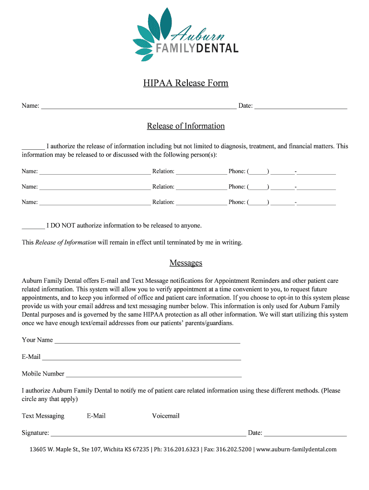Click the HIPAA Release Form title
click(185, 83)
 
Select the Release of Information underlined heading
click(185, 126)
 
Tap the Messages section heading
click(185, 263)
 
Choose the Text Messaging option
click(43, 416)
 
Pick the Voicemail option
click(166, 416)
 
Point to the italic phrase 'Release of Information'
click(66, 242)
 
